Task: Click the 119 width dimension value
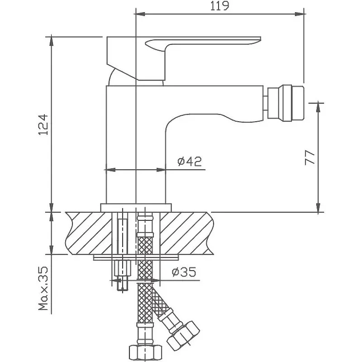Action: [219, 6]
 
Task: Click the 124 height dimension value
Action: [43, 124]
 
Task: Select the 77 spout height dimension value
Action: [310, 157]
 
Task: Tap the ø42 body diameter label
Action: [189, 161]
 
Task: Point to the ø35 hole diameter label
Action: [184, 272]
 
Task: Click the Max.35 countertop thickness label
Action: [43, 288]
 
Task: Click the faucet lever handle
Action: [184, 58]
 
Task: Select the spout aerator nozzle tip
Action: [286, 103]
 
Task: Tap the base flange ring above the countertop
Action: [136, 208]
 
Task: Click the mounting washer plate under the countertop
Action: [136, 257]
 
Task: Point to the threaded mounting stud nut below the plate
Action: [122, 268]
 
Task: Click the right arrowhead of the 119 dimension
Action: [299, 14]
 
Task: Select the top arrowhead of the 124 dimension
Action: [51, 42]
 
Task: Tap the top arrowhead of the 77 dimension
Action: [319, 107]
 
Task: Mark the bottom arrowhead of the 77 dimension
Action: [319, 207]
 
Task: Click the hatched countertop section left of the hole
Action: [89, 233]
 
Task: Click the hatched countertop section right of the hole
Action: [186, 233]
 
